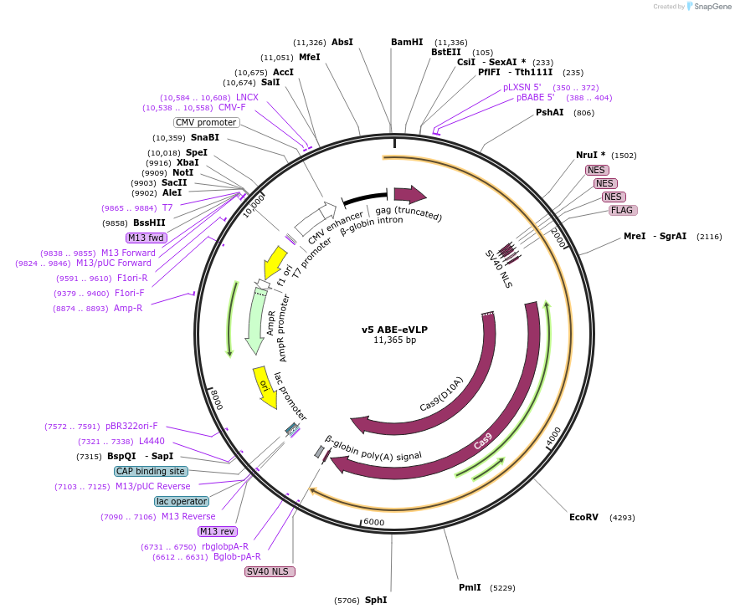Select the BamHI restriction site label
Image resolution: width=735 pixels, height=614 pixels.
407,42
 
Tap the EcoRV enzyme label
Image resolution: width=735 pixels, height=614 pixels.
583,517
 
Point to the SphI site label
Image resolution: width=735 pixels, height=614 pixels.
376,600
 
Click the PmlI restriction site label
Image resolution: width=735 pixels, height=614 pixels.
470,587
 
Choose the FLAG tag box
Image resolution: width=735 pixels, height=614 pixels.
622,210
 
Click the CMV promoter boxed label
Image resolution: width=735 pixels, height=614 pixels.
206,122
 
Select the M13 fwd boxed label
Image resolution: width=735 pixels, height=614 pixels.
146,238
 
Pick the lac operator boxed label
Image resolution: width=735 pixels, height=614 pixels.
182,501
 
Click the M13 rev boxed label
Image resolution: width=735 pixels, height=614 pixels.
217,531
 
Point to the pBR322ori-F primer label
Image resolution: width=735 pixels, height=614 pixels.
131,426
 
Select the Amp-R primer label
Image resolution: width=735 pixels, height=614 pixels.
128,308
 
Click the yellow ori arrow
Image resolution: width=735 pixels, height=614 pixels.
265,387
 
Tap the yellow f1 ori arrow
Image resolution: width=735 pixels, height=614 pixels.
274,262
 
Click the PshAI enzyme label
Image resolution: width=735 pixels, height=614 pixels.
550,112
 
